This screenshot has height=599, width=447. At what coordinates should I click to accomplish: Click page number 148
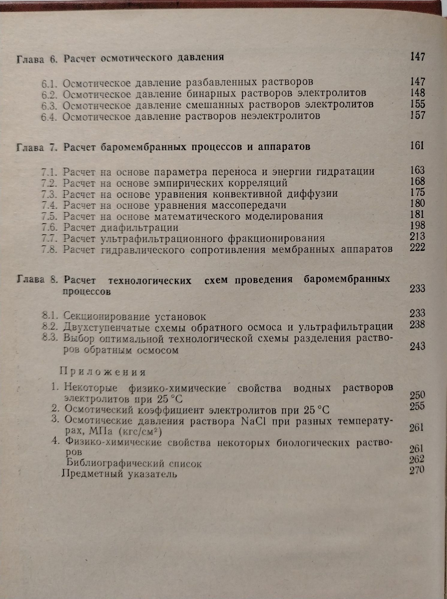[x=418, y=93]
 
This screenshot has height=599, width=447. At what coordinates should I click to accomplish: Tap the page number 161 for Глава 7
[x=417, y=146]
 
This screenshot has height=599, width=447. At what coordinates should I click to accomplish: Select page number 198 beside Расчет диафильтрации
[x=418, y=225]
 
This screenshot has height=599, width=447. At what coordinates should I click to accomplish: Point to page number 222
[x=417, y=248]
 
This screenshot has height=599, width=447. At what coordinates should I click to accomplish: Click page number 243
[x=417, y=347]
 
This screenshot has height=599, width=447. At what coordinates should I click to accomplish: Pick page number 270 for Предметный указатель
[x=417, y=470]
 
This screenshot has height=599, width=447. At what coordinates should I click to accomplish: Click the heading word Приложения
[x=103, y=372]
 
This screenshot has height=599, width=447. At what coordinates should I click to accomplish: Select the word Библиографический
[x=115, y=463]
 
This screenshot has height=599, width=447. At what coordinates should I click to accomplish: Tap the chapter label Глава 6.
[x=37, y=59]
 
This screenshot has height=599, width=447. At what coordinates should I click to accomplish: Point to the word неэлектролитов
[x=280, y=116]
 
